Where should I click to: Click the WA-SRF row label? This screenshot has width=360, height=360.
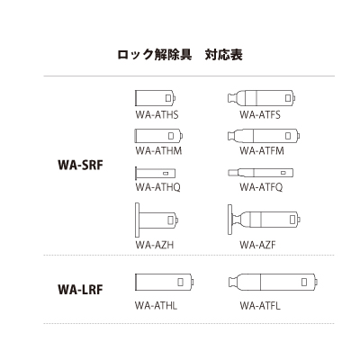point(80,165)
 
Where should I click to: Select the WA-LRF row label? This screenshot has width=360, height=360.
point(80,290)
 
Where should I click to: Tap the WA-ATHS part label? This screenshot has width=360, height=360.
point(157,114)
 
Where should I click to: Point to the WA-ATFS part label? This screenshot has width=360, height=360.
point(260,114)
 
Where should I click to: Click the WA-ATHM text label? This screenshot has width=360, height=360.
point(158,150)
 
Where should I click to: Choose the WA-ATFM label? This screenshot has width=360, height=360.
point(262,150)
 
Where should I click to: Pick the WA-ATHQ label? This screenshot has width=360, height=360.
point(157,187)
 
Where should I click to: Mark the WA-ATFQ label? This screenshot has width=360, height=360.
point(261,187)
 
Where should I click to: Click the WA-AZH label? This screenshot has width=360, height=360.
point(154,245)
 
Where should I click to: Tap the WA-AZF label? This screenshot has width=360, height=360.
point(257,245)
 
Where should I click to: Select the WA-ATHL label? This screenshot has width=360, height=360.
point(156,306)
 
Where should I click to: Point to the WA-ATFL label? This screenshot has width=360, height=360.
point(260,306)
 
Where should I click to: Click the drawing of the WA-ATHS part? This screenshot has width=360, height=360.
point(155,98)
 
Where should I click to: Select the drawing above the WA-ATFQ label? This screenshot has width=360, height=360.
point(260,173)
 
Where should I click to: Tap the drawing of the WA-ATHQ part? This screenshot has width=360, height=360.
point(156,174)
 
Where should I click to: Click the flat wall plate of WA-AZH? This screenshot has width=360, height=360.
point(137,220)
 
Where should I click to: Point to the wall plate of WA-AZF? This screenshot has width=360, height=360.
point(229,220)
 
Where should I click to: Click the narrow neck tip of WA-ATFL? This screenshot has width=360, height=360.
point(231,282)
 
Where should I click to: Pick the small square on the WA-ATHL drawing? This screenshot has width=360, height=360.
point(180,282)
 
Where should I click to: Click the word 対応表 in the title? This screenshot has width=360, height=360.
point(224,55)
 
